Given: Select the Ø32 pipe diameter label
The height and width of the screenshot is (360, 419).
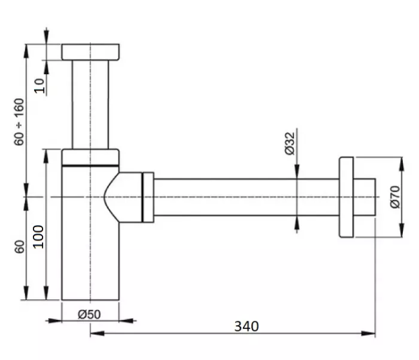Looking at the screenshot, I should (x=289, y=143).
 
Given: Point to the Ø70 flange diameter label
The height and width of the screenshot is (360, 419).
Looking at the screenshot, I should (x=395, y=196).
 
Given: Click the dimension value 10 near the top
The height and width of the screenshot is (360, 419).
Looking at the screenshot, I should (x=41, y=85).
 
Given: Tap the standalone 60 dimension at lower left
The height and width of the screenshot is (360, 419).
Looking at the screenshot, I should (x=19, y=246).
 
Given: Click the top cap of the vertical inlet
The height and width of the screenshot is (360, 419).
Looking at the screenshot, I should (x=91, y=51).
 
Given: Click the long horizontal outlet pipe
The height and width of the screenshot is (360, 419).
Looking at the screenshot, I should (x=245, y=197).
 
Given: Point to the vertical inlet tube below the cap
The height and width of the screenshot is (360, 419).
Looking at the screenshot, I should (x=91, y=103).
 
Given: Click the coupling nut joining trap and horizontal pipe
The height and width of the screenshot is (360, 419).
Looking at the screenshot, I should (x=148, y=197).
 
